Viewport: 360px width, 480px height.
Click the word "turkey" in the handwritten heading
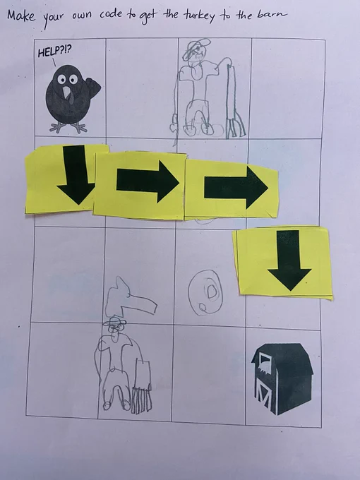[x=199, y=16]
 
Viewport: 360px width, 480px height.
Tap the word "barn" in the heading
[x=272, y=14]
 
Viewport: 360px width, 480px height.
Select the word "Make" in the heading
[x=21, y=16]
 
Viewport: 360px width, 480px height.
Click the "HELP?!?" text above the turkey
[x=55, y=51]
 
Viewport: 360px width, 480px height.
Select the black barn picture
[x=282, y=378]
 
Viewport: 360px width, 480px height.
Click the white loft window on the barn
[x=265, y=362]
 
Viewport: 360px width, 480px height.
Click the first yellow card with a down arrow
[x=66, y=179]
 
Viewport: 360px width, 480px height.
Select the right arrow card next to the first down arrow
[x=140, y=185]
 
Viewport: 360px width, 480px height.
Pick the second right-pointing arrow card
[x=231, y=189]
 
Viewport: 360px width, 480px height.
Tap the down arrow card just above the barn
[x=283, y=262]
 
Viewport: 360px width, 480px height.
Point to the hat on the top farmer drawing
[x=196, y=47]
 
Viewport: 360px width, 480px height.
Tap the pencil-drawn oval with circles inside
[x=205, y=292]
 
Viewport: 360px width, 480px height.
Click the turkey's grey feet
[x=68, y=127]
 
